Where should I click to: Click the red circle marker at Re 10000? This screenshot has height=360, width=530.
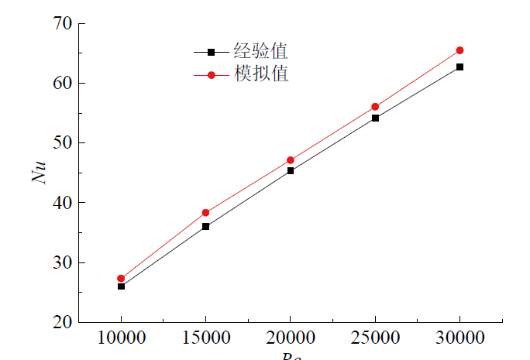[121, 279]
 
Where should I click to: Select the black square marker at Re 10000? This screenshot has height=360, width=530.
[121, 286]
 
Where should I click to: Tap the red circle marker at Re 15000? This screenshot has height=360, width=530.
[205, 212]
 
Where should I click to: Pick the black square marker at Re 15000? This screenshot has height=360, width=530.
[205, 226]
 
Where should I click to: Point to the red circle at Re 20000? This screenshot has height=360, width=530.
[290, 160]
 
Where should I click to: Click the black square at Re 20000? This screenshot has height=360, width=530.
[290, 170]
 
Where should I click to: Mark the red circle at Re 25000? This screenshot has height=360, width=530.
[375, 107]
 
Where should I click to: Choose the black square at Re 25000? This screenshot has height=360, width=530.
[375, 118]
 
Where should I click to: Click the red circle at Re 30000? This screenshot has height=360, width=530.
[459, 50]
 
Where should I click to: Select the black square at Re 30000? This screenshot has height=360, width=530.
[459, 67]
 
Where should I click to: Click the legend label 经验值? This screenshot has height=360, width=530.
[260, 52]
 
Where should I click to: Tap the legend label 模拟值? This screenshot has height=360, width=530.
[260, 74]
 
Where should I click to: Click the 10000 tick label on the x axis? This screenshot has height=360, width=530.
[121, 338]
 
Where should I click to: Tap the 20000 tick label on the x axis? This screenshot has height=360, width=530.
[290, 338]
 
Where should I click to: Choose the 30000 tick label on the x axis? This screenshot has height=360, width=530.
[459, 338]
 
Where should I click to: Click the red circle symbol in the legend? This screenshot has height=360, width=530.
[211, 75]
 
